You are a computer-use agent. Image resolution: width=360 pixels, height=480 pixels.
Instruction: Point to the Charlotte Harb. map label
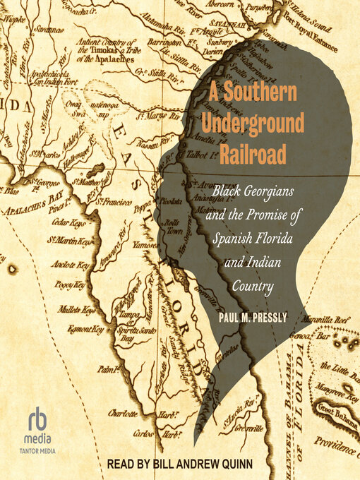point(138,412)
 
